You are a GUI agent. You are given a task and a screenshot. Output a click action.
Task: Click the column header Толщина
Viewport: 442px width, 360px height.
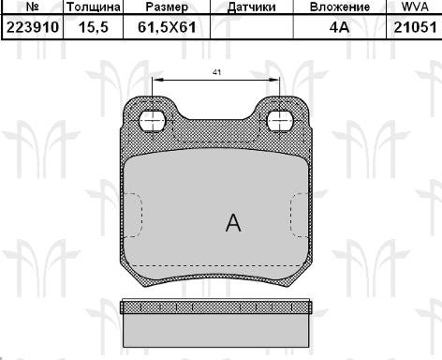click(x=94, y=7)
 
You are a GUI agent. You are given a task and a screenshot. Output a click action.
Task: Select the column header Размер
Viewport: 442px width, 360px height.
click(x=167, y=7)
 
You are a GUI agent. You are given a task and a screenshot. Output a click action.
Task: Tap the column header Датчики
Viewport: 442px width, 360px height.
click(x=252, y=7)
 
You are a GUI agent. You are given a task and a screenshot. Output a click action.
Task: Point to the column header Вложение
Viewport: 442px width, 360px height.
click(x=340, y=7)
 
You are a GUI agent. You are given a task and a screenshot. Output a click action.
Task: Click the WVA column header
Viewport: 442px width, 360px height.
click(x=415, y=7)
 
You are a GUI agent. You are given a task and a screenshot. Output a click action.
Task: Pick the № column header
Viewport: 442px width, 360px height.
click(x=32, y=7)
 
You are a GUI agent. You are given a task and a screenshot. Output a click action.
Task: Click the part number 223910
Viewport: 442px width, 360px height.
click(x=33, y=27)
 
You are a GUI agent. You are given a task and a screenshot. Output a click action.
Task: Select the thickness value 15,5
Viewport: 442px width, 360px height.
click(x=94, y=27)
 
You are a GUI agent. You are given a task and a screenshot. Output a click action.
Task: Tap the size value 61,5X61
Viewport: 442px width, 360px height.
click(x=167, y=27)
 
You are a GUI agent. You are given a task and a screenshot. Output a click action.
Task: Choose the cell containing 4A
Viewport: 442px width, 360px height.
click(x=339, y=27)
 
